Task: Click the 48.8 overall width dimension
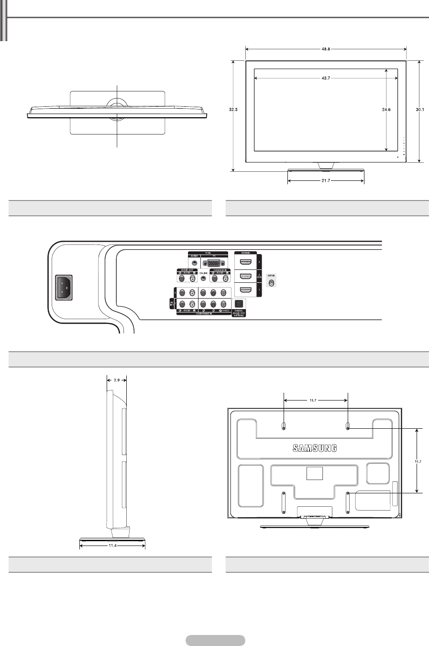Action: point(326,48)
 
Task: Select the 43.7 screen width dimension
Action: point(326,78)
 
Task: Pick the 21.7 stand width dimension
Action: point(326,181)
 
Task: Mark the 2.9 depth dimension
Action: point(116,380)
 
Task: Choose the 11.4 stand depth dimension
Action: point(112,544)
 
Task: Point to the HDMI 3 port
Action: point(246,262)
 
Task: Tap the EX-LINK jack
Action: point(203,278)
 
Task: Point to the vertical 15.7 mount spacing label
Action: point(418,460)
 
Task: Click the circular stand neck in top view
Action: point(118,106)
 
